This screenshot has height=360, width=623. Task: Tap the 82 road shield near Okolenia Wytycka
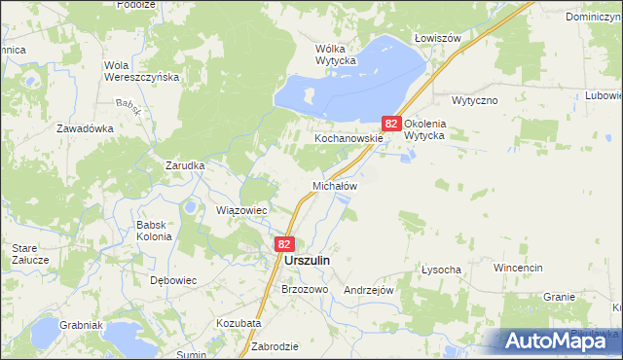391,124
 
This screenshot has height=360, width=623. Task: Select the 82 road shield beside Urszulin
284,244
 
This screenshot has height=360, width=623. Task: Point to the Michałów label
335,185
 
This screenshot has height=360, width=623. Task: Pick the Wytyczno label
475,100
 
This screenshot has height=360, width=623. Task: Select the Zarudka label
184,165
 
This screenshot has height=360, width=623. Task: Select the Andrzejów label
368,290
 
